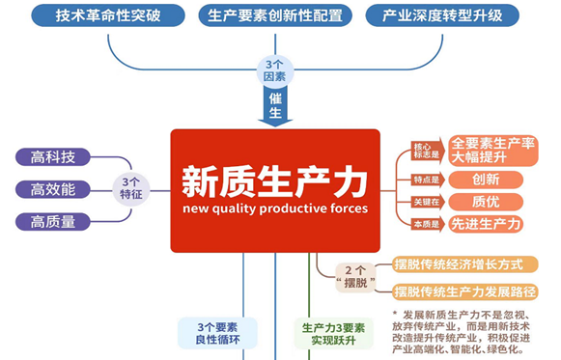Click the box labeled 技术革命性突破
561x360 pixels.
pos(108,16)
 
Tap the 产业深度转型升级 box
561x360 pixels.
pos(443,16)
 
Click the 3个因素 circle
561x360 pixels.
pos(274,69)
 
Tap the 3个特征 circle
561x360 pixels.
pos(131,188)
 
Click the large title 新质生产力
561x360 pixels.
pos(274,179)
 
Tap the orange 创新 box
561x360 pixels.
pos(486,180)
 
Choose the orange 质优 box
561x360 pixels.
pos(486,202)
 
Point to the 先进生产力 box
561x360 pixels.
pos(487,224)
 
